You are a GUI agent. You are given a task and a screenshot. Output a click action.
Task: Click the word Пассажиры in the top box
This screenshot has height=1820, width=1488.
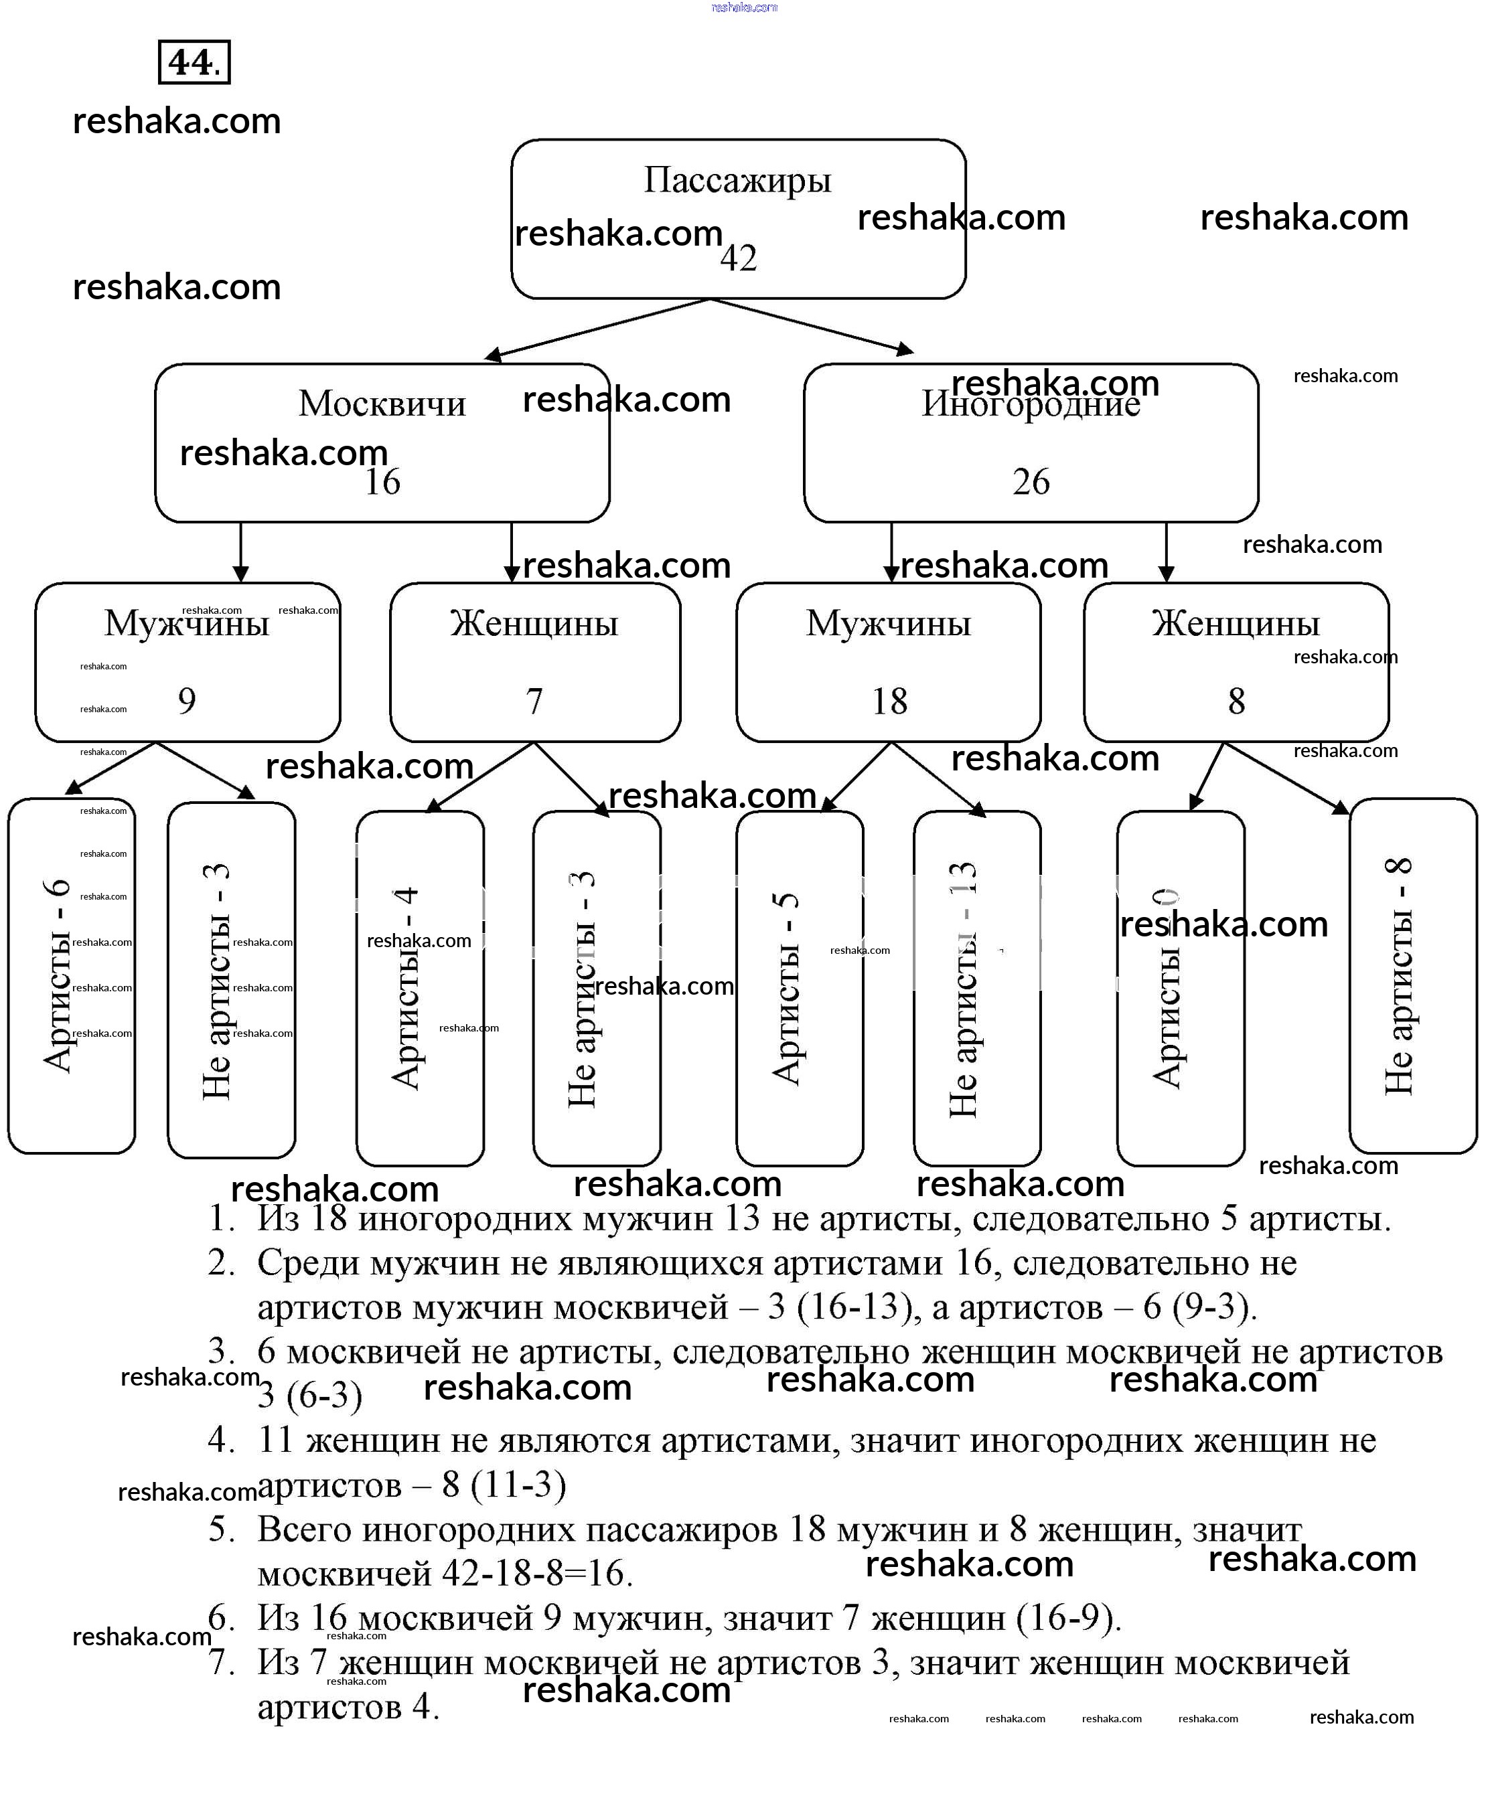tap(737, 180)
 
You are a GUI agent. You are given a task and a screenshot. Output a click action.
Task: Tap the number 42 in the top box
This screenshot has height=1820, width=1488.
tap(738, 258)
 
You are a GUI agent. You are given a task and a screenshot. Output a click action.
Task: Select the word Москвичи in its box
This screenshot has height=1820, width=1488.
tap(382, 404)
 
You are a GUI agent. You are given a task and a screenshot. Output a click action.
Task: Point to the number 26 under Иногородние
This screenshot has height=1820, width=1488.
tap(1031, 481)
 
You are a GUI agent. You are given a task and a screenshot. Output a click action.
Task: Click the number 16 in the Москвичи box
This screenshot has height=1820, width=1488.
tap(382, 481)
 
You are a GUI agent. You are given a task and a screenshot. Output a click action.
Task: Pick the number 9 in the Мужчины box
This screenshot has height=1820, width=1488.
tap(187, 701)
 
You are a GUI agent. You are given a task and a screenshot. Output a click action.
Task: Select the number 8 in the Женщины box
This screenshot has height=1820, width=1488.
tap(1236, 701)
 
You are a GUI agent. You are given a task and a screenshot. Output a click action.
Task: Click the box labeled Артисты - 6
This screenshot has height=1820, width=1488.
tap(72, 975)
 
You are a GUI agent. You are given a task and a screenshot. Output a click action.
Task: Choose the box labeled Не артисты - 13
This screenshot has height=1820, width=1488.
tap(977, 988)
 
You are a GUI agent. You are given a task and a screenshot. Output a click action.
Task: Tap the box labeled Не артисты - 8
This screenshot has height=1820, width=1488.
tap(1412, 975)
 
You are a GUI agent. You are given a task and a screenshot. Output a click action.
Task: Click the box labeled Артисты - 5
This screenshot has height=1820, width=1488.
tap(799, 988)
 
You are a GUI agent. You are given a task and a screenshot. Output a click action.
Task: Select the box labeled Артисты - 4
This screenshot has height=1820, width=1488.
tap(420, 988)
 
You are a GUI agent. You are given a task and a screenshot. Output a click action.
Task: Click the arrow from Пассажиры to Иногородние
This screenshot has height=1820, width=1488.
tap(812, 325)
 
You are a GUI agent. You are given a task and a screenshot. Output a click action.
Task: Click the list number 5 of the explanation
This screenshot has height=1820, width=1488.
tap(221, 1529)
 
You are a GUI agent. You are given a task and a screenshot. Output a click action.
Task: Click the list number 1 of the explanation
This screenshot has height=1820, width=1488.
tap(221, 1218)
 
